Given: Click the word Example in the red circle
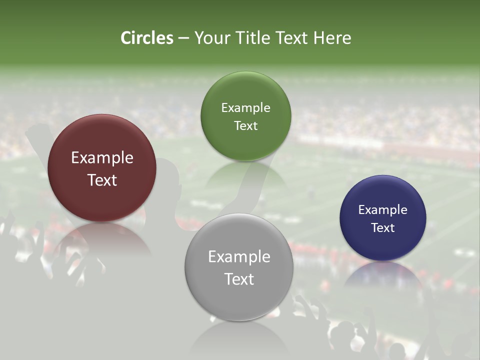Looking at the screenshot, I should (102, 158).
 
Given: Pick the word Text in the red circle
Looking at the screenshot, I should (102, 180).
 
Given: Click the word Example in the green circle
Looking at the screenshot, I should (245, 108).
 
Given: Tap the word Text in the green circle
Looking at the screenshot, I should (245, 125).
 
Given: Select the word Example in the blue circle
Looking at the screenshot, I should (382, 210).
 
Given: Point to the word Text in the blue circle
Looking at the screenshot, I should (382, 228).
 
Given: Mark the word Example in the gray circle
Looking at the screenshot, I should (239, 257).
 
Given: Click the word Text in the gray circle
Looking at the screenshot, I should (239, 279).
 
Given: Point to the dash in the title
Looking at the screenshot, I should (183, 38).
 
